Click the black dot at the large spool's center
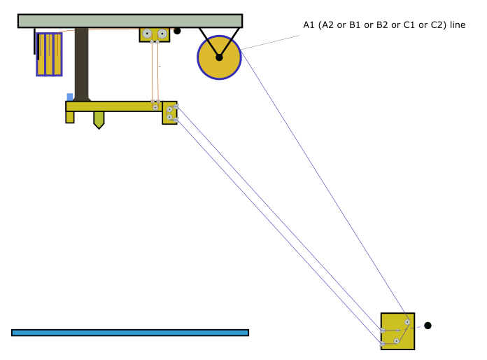click(x=219, y=57)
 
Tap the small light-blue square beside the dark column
click(x=70, y=97)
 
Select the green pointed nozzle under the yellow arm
click(x=99, y=120)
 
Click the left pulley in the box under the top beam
click(x=147, y=34)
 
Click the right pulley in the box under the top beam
click(x=162, y=34)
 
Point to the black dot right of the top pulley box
click(x=177, y=31)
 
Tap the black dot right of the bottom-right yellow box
click(x=428, y=326)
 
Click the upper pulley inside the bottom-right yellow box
click(x=407, y=322)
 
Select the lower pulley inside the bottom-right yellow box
click(x=396, y=341)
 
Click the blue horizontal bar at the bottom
click(x=130, y=333)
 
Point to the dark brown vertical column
click(x=81, y=64)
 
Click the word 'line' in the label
click(x=458, y=25)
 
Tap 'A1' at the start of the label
click(x=309, y=25)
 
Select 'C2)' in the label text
click(x=440, y=25)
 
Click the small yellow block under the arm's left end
click(x=70, y=117)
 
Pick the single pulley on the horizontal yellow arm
click(x=155, y=107)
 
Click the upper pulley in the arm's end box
click(x=169, y=109)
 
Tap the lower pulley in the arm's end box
click(x=169, y=117)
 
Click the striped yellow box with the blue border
click(x=50, y=55)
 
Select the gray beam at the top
click(x=130, y=21)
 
